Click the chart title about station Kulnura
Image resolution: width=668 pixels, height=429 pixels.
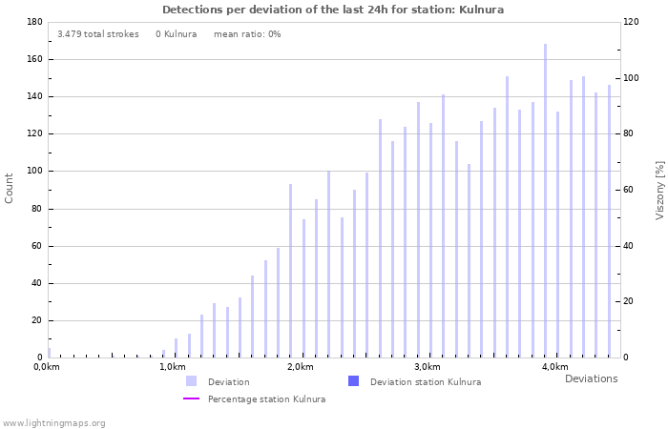tap(333, 10)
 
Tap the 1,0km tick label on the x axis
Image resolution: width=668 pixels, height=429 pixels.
tap(172, 367)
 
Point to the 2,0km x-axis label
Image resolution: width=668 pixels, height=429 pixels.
tap(300, 367)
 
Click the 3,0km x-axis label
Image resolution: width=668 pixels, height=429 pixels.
tap(428, 367)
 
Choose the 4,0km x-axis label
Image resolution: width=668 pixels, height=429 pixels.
tap(554, 367)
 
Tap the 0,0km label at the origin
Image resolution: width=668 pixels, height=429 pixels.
tap(47, 367)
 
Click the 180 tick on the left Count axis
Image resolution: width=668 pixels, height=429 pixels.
tap(34, 22)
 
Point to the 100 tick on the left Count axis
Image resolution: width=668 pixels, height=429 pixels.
tap(34, 172)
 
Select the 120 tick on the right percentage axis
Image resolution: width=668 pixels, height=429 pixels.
tap(631, 22)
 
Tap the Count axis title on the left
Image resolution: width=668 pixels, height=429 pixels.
tap(10, 188)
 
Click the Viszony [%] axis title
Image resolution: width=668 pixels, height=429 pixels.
tap(659, 190)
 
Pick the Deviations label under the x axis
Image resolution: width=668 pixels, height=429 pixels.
tap(591, 379)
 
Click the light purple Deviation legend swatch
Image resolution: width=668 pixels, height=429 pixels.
tap(192, 381)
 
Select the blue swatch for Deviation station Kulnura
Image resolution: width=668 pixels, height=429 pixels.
tap(353, 381)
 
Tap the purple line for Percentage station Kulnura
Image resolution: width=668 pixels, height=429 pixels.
tap(192, 399)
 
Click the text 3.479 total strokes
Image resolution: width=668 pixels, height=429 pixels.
tap(97, 34)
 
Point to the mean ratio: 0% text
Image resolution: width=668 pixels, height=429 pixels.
tap(247, 34)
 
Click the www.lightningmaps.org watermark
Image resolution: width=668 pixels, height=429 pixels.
tap(53, 423)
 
